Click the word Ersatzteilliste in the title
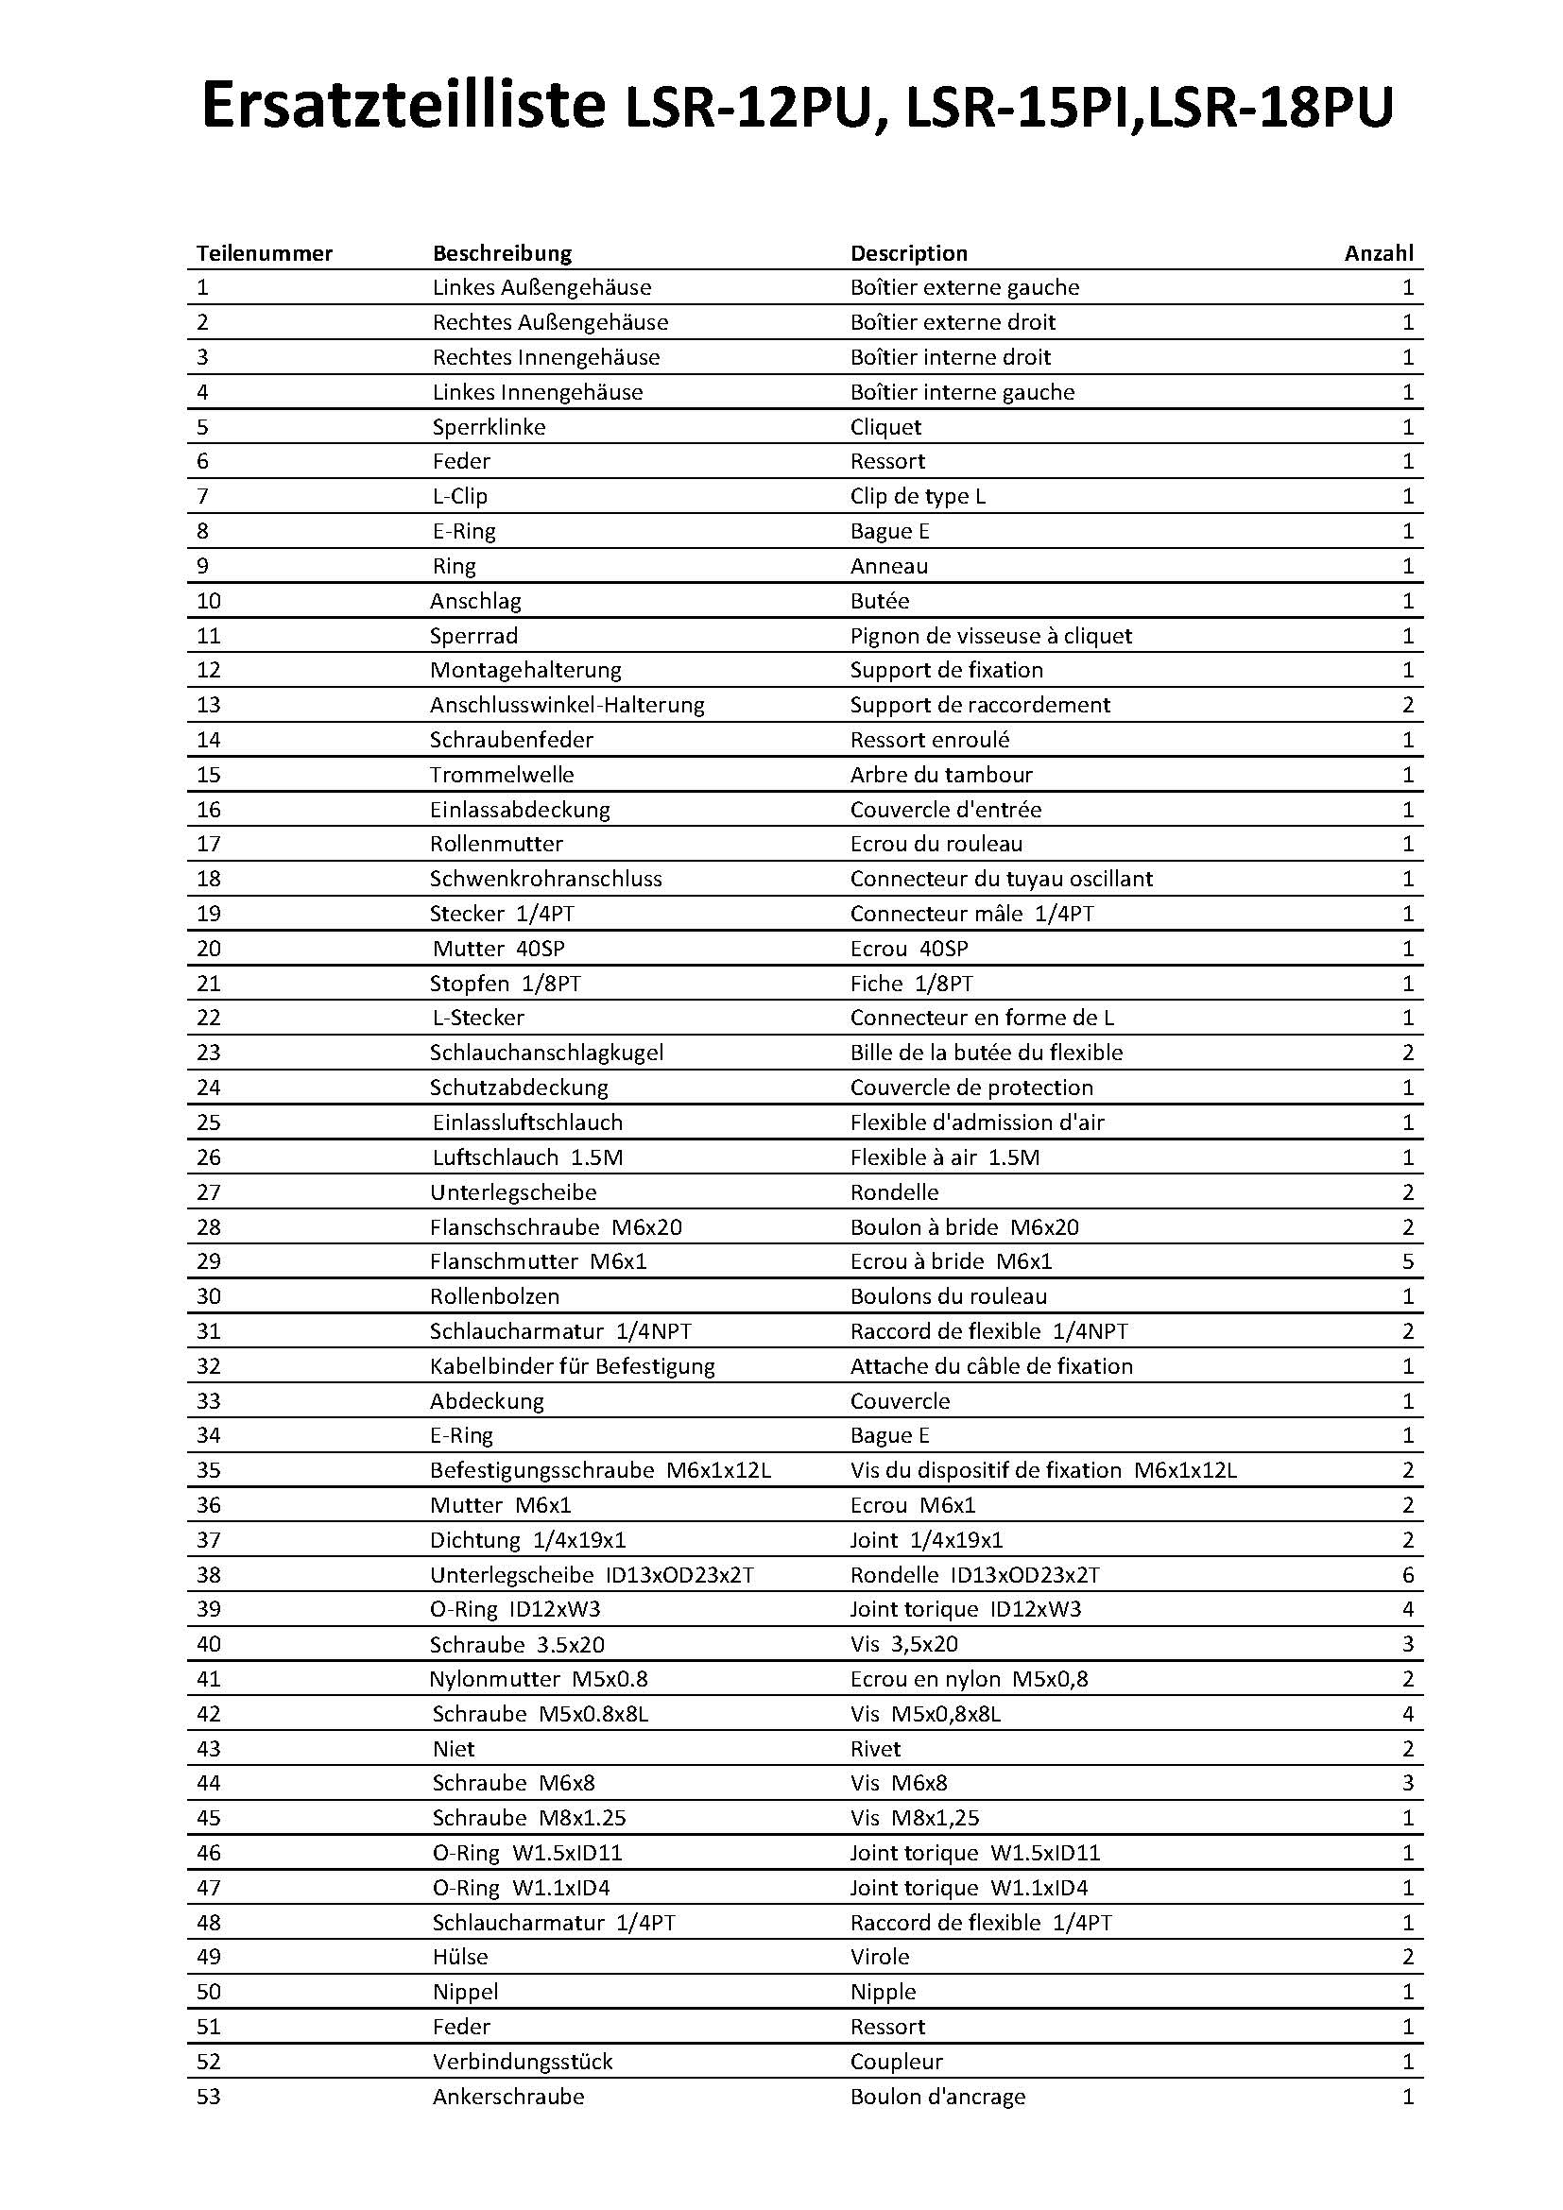pos(404,108)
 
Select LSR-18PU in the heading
pos(1270,108)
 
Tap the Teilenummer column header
pos(264,253)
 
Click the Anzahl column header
pos(1378,253)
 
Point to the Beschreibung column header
pos(502,253)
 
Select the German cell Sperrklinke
pos(489,426)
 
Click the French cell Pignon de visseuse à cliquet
pos(990,635)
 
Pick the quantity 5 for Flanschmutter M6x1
pos(1407,1261)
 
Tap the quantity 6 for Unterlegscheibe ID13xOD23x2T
pos(1407,1575)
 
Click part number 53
pos(208,2097)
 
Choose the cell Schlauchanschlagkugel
pos(545,1052)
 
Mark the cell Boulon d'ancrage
pos(937,2097)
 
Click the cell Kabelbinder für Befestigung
pos(572,1366)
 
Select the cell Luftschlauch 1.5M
pos(527,1157)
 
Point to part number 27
pos(208,1191)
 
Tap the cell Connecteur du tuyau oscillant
pos(1001,878)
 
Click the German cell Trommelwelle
pos(502,774)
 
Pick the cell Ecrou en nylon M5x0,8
pos(970,1679)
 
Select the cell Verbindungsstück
pos(523,2062)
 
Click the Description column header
pos(908,253)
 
